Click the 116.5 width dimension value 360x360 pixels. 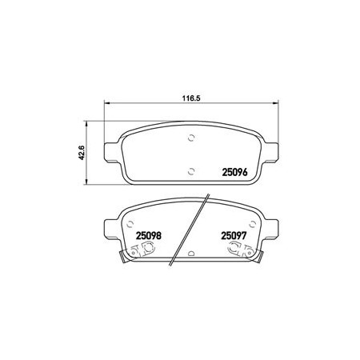[191, 98]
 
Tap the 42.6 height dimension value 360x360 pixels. [82, 153]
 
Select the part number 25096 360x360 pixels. [234, 172]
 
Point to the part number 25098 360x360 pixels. [149, 236]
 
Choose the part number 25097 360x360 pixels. [234, 236]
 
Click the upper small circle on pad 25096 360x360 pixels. [191, 138]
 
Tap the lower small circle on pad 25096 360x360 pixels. [191, 171]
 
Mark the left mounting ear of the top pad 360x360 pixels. [112, 153]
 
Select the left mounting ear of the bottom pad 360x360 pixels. [112, 229]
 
